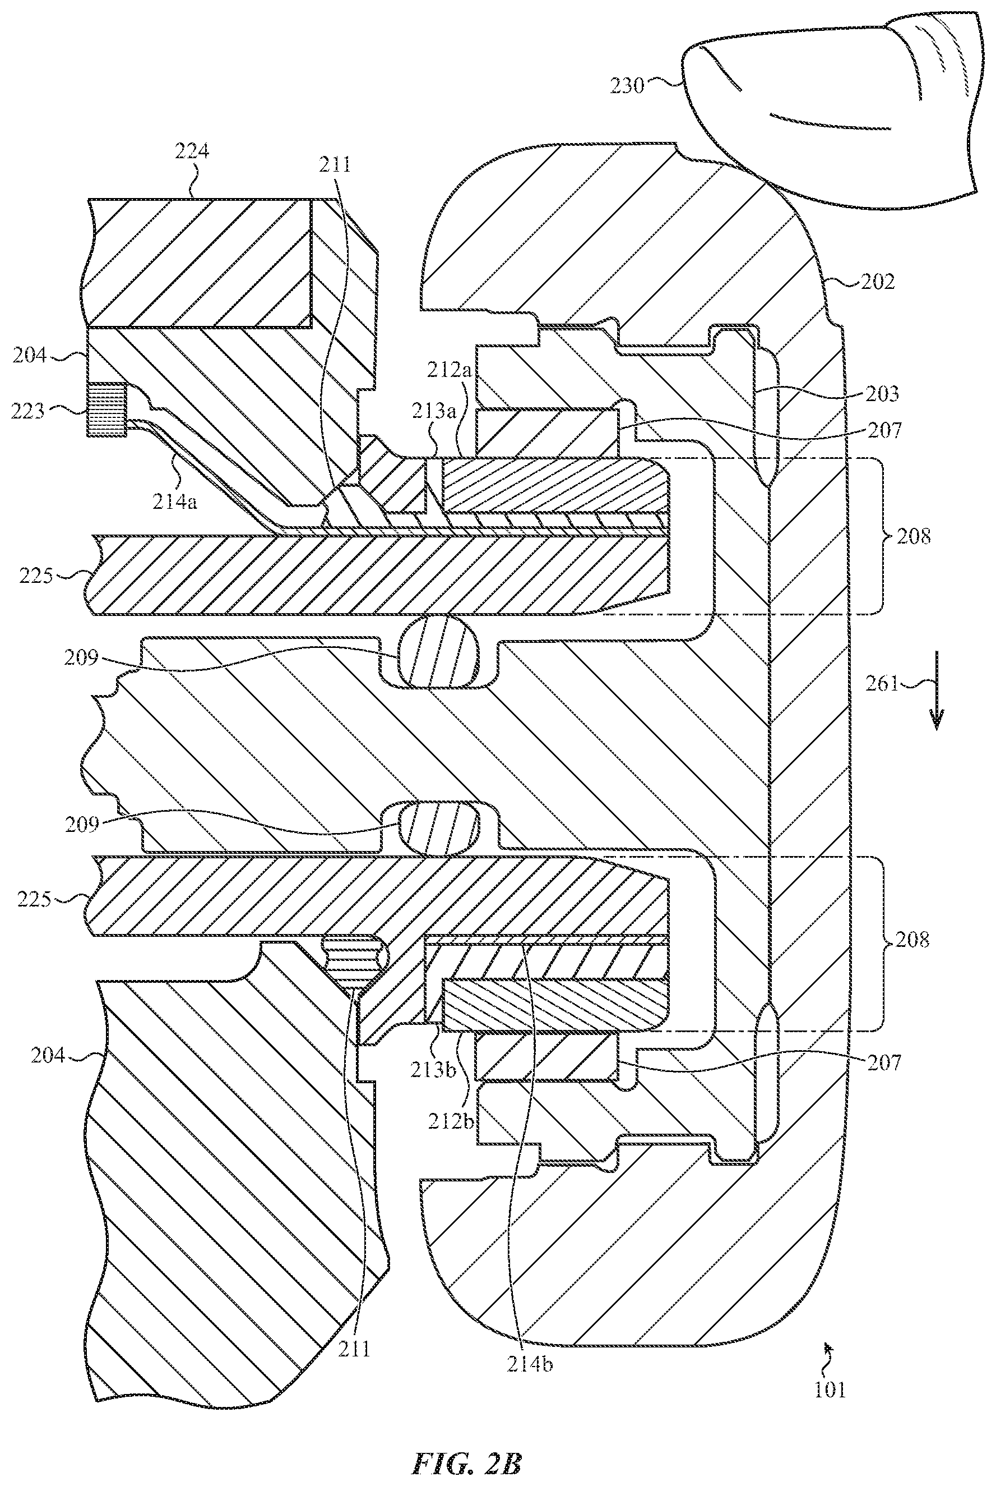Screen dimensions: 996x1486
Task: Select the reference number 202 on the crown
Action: point(877,282)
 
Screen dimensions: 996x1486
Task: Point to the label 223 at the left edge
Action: point(27,411)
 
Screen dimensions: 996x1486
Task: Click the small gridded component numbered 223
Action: point(106,410)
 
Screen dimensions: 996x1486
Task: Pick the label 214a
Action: point(175,502)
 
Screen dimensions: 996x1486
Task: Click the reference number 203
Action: point(882,394)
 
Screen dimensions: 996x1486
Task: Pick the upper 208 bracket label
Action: point(914,537)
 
